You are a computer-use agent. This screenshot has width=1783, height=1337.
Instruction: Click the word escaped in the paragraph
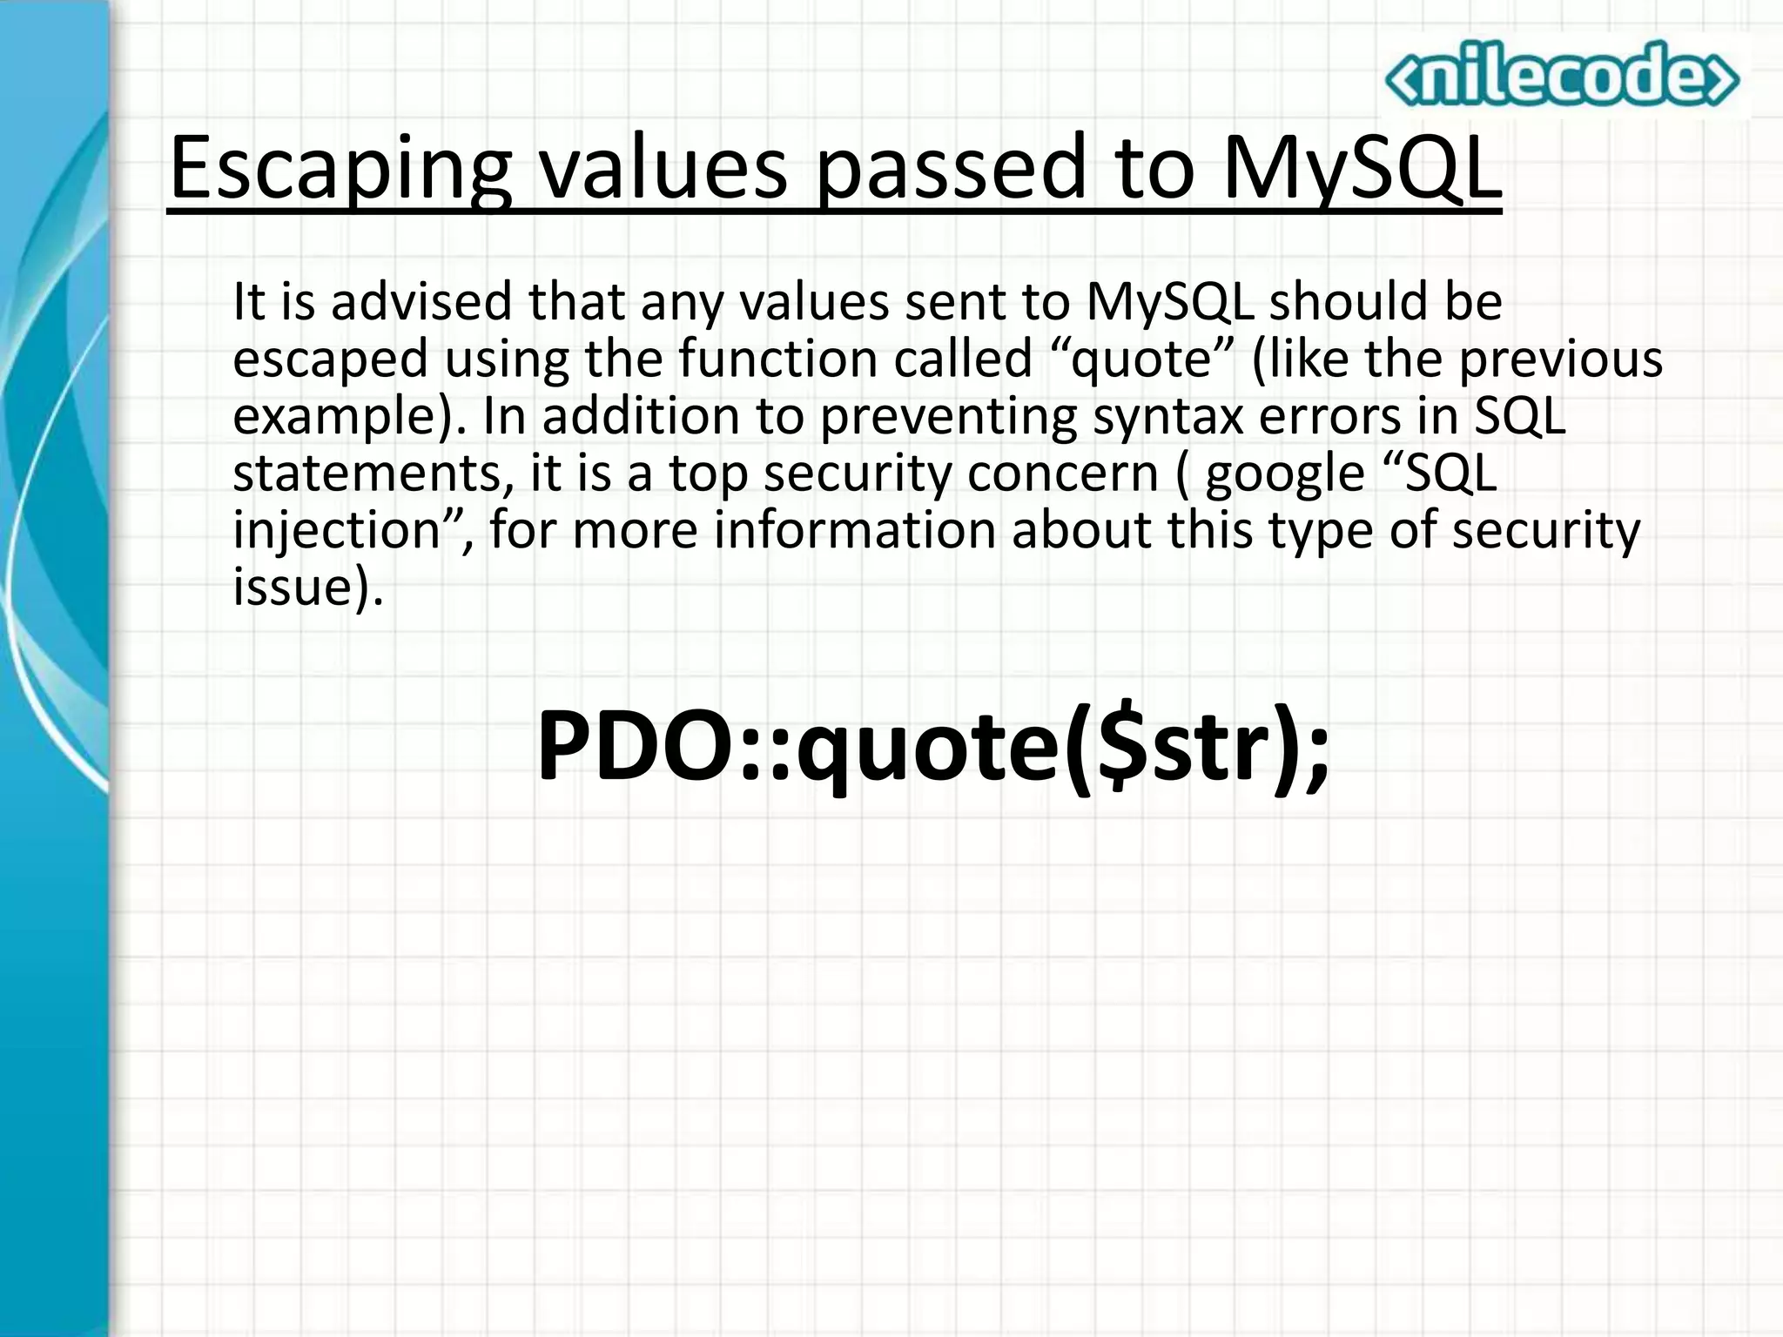point(330,359)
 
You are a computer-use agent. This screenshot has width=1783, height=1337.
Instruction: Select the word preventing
point(948,417)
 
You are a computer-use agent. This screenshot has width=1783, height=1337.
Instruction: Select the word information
point(854,530)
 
